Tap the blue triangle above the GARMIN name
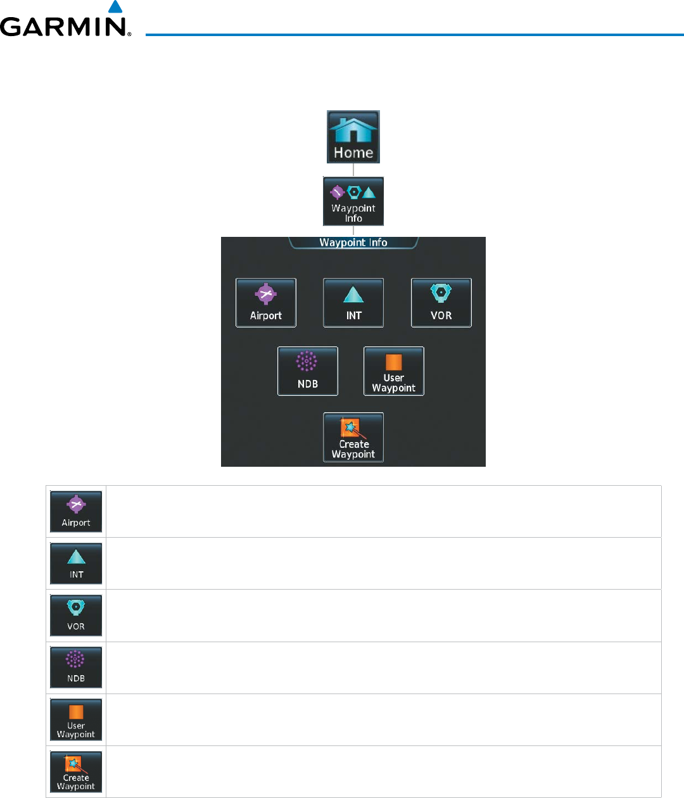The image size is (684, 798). (115, 8)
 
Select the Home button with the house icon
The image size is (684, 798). (353, 137)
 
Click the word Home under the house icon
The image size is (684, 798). (353, 153)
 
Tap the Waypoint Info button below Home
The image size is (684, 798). (353, 201)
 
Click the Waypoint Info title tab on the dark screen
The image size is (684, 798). (353, 243)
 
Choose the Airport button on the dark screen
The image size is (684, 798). (266, 303)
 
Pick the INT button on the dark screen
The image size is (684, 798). (353, 303)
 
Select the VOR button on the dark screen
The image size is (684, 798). (441, 303)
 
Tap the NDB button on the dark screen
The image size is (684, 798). (308, 371)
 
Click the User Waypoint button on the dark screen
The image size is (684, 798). (394, 371)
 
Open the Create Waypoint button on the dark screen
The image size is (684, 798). (353, 437)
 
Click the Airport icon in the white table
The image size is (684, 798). (76, 511)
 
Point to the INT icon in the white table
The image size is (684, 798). (76, 563)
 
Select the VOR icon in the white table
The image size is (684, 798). (76, 615)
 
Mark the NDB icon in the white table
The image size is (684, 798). (76, 667)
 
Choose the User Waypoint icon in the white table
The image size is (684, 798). (76, 719)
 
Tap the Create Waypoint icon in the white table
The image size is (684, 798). (76, 771)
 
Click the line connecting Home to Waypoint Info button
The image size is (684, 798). (353, 170)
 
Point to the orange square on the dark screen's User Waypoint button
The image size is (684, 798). (394, 362)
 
